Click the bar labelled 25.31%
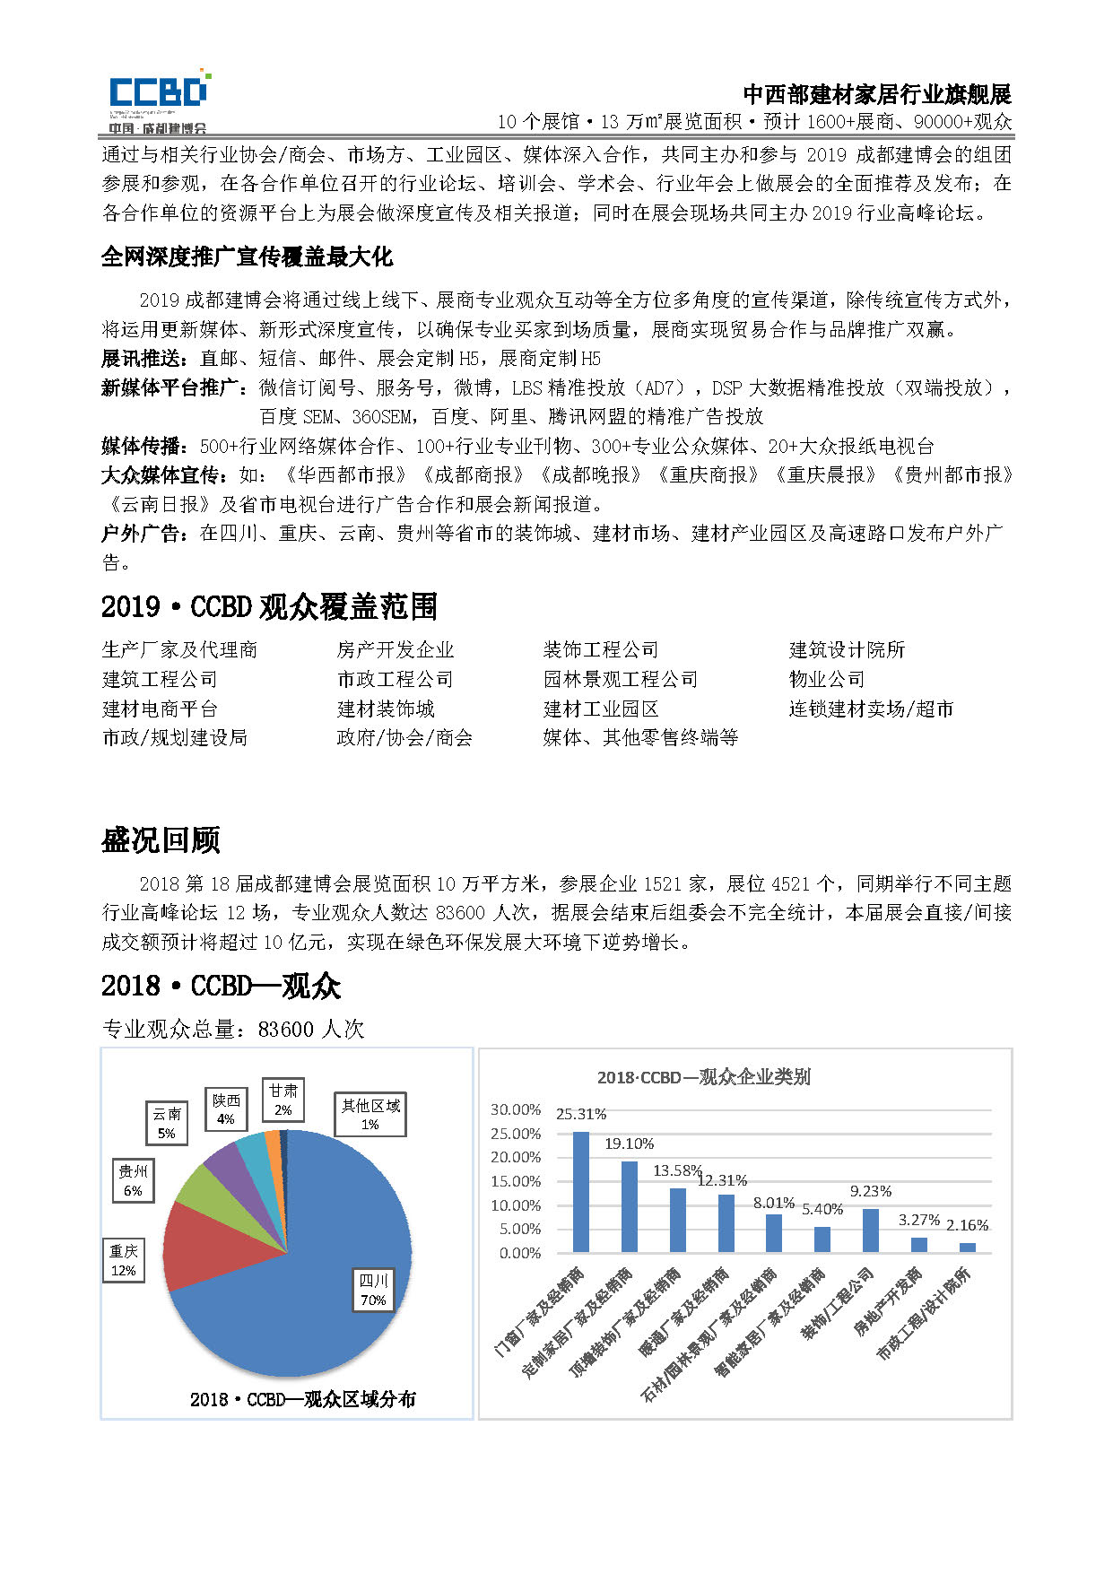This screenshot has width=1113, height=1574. pos(581,1191)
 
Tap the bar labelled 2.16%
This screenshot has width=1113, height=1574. pos(967,1247)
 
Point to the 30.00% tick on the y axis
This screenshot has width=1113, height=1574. pos(516,1109)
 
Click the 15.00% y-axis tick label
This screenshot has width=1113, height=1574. pos(516,1181)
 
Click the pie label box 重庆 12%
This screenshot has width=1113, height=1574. pos(124,1260)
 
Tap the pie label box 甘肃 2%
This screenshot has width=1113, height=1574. pos(283,1100)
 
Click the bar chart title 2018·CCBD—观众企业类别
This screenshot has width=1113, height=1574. pos(704,1077)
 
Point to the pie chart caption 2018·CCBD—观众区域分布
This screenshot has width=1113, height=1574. pos(303,1399)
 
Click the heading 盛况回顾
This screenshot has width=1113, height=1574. pos(161,840)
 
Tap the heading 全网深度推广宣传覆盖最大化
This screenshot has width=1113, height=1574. pos(247,257)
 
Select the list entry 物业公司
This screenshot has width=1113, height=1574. pos(826,679)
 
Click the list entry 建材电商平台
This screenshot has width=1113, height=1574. pos(160,709)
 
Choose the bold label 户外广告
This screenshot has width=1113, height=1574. pos(143,534)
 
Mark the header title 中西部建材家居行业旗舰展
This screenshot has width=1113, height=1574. pos(876,94)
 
